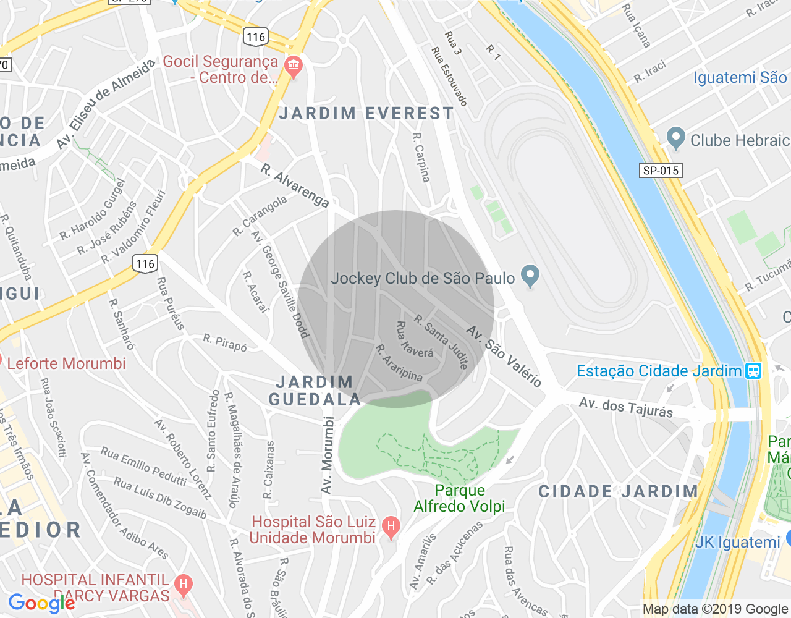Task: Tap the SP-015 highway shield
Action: click(660, 171)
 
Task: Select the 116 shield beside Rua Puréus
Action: click(145, 264)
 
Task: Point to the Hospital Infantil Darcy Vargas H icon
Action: click(183, 584)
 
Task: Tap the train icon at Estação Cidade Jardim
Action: click(753, 371)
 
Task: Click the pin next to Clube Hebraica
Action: click(676, 139)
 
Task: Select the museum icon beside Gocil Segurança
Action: click(294, 66)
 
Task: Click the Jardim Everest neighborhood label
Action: click(366, 114)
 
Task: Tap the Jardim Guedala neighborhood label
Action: click(315, 391)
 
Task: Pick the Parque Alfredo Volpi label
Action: click(459, 498)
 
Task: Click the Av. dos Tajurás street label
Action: click(626, 408)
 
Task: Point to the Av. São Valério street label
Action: click(504, 356)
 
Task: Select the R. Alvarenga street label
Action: click(295, 185)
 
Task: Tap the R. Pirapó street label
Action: click(225, 342)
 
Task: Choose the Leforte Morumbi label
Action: click(66, 363)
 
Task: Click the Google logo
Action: click(41, 603)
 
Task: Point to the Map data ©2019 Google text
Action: click(716, 609)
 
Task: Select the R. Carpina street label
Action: click(421, 158)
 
